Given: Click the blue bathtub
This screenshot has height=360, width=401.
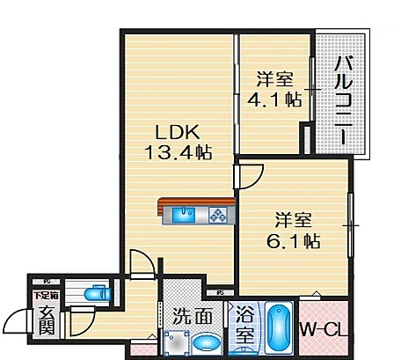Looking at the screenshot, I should pyautogui.click(x=280, y=328).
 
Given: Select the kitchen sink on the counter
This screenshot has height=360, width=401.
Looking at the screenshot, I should pyautogui.click(x=186, y=213).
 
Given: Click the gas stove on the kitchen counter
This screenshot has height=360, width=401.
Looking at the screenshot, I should pyautogui.click(x=217, y=213).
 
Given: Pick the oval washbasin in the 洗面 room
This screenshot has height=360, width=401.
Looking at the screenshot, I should pyautogui.click(x=205, y=342).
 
